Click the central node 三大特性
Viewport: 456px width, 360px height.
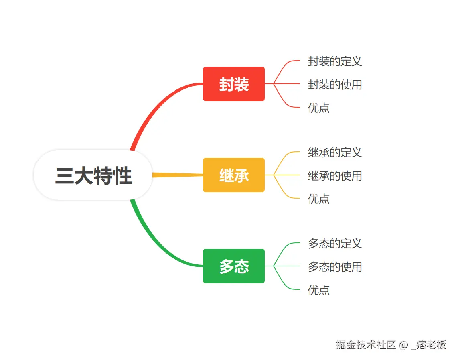93,175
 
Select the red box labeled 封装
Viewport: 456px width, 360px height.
234,84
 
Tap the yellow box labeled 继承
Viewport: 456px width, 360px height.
234,175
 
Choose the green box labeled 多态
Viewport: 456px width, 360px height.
234,266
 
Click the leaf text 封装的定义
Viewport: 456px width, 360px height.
335,61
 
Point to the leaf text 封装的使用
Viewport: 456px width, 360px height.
335,85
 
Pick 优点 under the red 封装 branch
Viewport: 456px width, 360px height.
319,108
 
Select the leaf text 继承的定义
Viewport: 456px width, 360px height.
335,153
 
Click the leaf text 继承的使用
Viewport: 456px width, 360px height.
335,176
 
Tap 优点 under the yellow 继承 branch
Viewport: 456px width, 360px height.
319,199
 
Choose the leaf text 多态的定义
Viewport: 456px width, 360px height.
335,244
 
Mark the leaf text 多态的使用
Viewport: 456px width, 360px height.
335,267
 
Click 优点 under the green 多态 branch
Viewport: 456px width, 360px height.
319,290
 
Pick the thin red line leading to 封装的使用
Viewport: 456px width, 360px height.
287,84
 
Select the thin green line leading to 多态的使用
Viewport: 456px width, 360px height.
287,266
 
